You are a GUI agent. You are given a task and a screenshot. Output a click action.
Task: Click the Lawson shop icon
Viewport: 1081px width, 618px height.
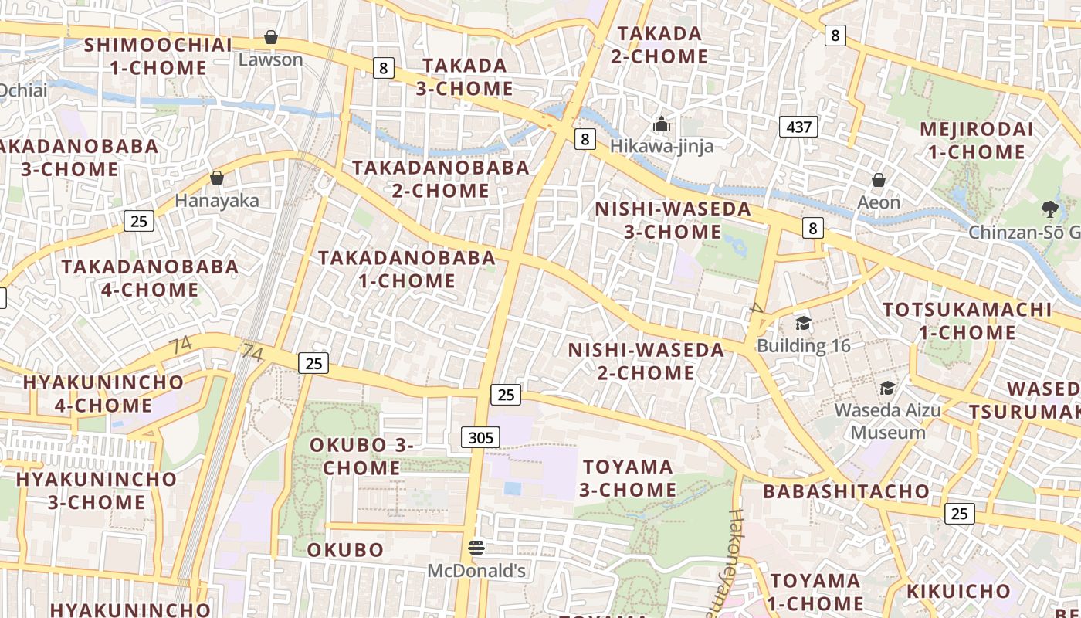[271, 37]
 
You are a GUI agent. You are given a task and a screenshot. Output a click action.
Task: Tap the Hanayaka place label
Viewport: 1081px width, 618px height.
[217, 200]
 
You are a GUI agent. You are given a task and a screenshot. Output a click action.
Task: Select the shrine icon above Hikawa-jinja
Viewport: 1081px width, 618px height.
[661, 124]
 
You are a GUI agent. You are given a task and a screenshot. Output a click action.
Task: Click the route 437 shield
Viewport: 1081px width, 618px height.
[798, 126]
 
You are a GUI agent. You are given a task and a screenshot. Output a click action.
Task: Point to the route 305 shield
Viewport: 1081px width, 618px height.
[480, 438]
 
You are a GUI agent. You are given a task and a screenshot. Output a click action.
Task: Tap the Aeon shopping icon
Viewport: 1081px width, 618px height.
[878, 181]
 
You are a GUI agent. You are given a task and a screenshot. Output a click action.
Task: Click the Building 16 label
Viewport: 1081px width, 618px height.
[804, 345]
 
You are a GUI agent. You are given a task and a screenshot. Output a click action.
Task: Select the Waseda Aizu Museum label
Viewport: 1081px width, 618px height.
[888, 420]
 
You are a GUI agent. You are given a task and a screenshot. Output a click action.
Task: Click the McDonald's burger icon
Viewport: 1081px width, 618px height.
[476, 548]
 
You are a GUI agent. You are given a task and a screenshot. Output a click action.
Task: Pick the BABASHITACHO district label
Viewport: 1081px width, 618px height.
[846, 491]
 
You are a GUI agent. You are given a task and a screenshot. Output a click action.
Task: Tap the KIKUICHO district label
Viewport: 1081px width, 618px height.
[958, 592]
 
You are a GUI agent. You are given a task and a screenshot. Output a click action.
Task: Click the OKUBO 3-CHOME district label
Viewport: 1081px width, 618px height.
[361, 457]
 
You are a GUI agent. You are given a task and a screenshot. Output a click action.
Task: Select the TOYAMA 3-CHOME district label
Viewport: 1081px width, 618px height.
[628, 478]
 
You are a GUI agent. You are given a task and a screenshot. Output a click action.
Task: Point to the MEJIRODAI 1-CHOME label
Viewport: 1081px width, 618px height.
[976, 141]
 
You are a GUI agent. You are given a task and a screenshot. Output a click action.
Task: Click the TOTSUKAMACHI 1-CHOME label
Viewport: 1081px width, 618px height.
[967, 321]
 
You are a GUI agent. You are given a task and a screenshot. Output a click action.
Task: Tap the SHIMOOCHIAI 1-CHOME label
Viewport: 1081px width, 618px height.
[158, 56]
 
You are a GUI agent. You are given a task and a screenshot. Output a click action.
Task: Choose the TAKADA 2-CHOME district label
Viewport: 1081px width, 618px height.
[659, 45]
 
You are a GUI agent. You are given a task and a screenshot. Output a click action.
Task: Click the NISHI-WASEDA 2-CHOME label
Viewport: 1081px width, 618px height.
[646, 362]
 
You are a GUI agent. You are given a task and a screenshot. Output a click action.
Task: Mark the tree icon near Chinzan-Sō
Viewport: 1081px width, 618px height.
[1049, 209]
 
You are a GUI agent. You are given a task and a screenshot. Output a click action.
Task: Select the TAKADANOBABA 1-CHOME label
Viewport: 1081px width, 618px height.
[407, 269]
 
